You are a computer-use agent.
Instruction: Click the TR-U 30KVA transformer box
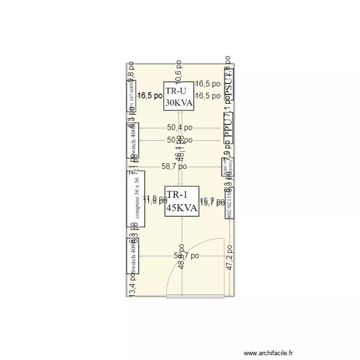pos(179,96)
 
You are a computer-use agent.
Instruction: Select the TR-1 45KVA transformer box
pos(181,201)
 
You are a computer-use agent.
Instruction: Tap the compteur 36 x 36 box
pos(135,199)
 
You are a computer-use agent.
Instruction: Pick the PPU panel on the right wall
pos(229,129)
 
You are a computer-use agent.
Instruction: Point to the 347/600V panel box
pos(131,96)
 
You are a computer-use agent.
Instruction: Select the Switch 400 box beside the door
pos(132,256)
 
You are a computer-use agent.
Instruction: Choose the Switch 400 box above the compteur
pos(132,140)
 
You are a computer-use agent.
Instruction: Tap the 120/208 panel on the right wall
pos(229,203)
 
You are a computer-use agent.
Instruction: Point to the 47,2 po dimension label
pos(229,257)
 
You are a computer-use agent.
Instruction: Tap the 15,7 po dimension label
pos(212,202)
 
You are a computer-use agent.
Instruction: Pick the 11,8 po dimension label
pos(156,200)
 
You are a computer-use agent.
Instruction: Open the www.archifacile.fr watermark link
pos(268,353)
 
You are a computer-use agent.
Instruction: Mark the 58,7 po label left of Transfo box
pos(174,167)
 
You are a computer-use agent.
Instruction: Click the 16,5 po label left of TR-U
pos(150,96)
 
